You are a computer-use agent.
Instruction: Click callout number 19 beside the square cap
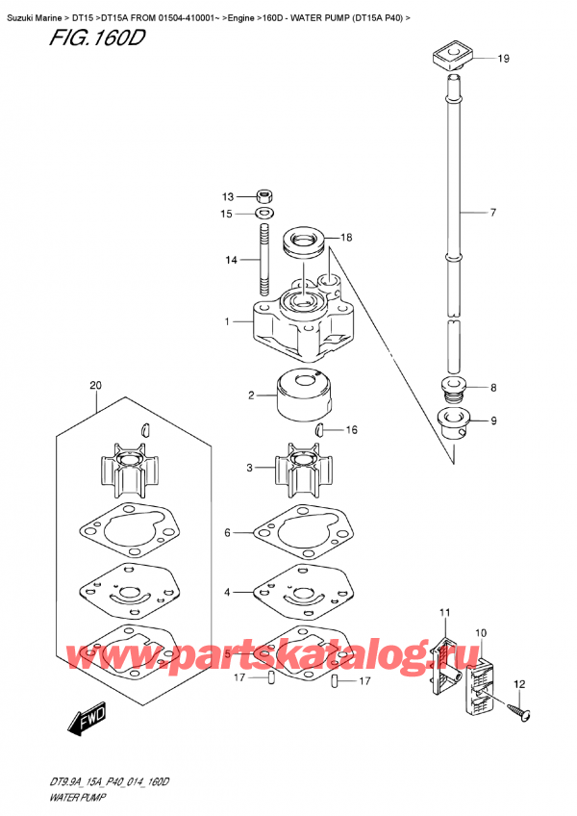pyautogui.click(x=503, y=59)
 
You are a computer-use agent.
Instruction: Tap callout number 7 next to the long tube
pyautogui.click(x=492, y=213)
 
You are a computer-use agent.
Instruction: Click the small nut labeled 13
pyautogui.click(x=265, y=196)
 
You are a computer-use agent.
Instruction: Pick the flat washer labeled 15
pyautogui.click(x=265, y=214)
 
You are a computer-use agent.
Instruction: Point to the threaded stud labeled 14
pyautogui.click(x=264, y=259)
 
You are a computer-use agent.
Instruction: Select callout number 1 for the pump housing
pyautogui.click(x=227, y=321)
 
